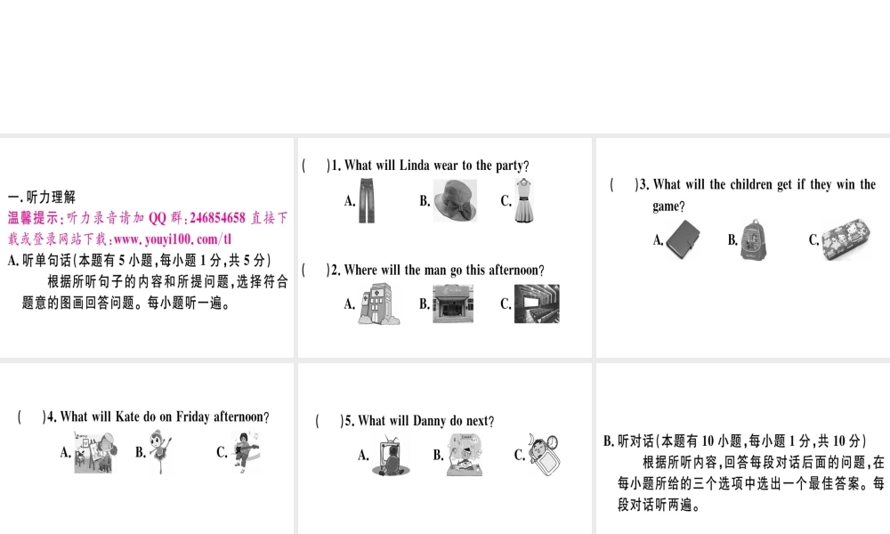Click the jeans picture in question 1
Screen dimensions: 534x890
pos(367,200)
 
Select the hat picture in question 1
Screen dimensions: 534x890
pos(455,200)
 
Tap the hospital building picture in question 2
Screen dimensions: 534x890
pos(376,303)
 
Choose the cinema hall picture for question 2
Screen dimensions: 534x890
pos(537,303)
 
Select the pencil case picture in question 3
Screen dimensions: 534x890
pos(845,240)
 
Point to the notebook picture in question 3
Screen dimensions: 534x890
pos(684,239)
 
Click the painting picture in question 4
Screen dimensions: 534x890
pos(93,452)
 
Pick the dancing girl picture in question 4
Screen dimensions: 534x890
pos(162,452)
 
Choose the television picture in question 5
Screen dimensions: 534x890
pos(388,456)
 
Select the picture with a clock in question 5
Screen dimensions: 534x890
pos(542,455)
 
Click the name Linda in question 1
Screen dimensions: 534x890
pos(414,166)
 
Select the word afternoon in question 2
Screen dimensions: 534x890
pos(511,270)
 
